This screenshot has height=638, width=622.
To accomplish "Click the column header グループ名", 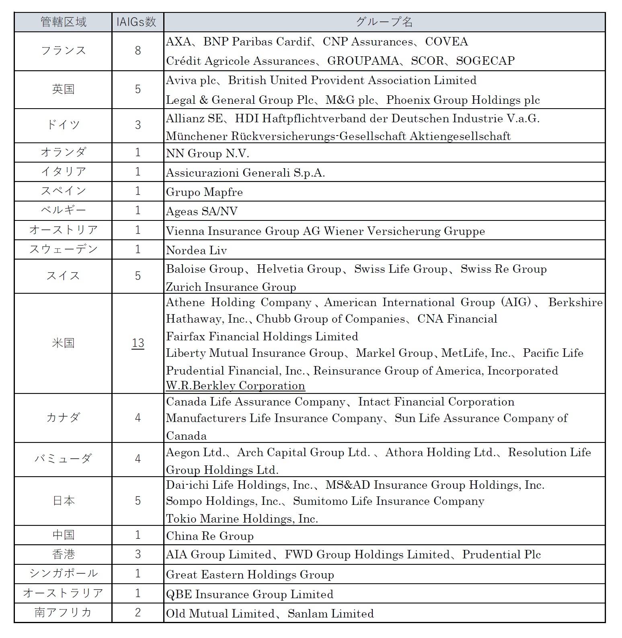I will point(384,22).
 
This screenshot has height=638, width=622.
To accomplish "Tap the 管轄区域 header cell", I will point(64,22).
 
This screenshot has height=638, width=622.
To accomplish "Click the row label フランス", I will point(64,51).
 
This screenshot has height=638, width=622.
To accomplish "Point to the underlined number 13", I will point(138,343).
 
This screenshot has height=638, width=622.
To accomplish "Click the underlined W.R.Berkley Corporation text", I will point(235,386).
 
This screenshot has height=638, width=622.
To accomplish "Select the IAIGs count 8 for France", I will point(138,51).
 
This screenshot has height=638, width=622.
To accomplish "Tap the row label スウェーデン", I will point(64,249).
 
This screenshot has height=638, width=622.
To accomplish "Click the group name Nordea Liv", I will point(196,251).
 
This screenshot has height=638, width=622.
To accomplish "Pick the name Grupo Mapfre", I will point(204,192).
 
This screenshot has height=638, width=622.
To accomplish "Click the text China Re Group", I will point(209,536).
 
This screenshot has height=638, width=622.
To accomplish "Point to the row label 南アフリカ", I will point(64,613).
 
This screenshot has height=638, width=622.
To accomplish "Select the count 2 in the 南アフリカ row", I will point(138,613).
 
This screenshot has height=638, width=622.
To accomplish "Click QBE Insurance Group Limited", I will point(249,595).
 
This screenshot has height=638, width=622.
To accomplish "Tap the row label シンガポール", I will point(64,574).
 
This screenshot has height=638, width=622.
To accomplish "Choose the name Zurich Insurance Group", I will point(231,287).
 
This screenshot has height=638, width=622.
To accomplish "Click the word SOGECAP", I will point(485,61).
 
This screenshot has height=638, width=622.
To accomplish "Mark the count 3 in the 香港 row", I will point(138,554).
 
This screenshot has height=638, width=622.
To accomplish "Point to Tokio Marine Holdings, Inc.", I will point(242,519).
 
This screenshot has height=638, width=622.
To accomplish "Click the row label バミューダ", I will point(64,459).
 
